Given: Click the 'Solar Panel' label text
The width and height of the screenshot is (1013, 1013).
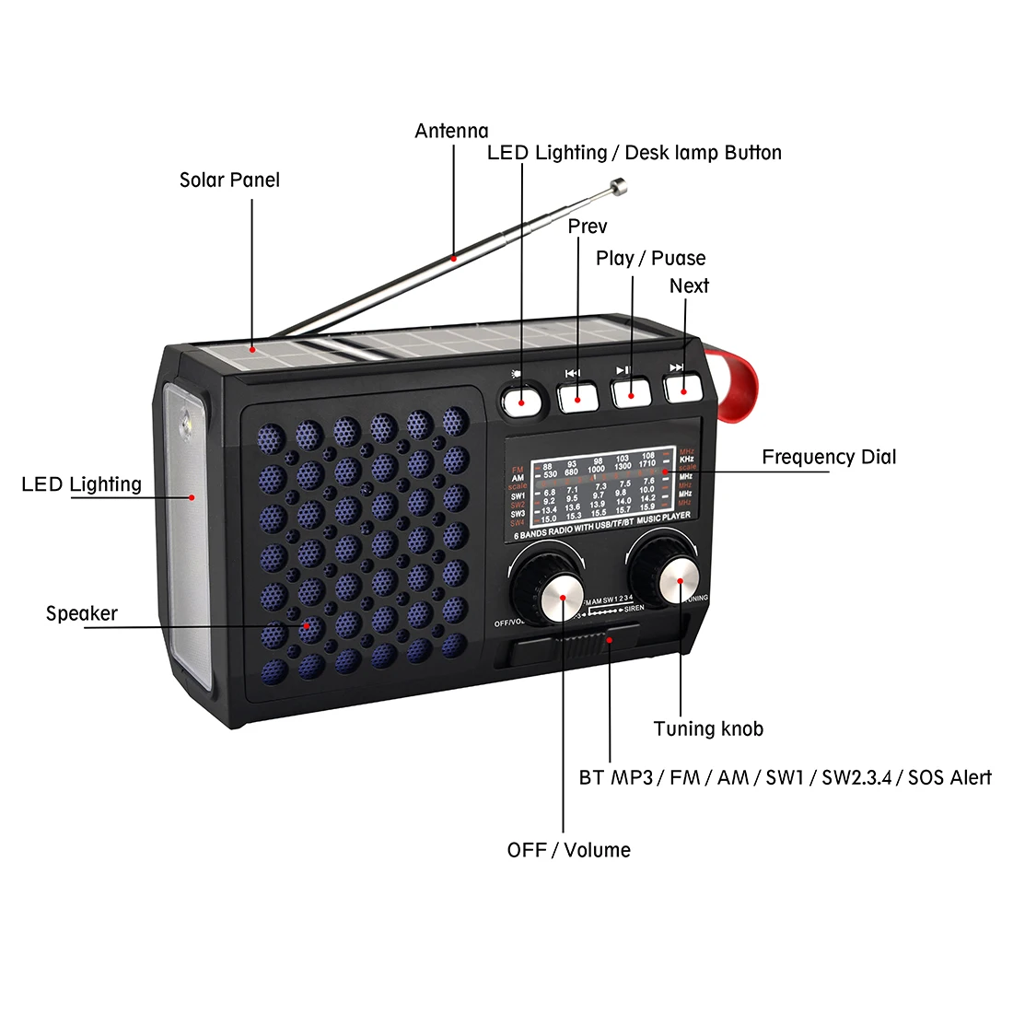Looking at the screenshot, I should coord(229,180).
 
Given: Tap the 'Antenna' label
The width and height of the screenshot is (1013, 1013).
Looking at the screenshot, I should coord(451,131).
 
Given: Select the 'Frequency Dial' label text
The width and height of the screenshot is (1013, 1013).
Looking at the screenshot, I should coord(829,458).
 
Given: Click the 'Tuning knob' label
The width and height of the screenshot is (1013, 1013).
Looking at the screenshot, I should coord(708,729).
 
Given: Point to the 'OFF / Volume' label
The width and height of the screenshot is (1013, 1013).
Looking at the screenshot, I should coord(568,850).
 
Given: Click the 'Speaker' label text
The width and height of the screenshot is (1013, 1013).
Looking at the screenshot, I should coord(82,614).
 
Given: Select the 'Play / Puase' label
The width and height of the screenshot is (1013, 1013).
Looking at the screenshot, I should coord(650,259).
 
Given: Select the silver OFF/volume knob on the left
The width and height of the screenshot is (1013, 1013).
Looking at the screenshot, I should coord(562,598).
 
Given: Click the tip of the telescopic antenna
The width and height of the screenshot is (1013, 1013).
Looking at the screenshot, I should coord(618,189).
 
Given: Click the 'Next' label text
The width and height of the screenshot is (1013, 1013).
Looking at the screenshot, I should coord(689,286).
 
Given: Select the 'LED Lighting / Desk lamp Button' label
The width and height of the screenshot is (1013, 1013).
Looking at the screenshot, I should coord(634,153).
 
